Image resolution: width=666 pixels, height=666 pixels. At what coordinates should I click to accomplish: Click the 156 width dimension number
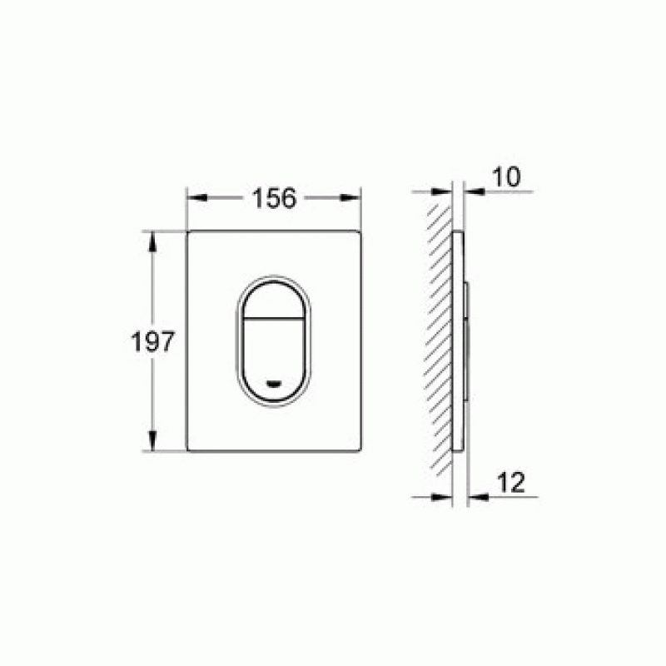(274, 198)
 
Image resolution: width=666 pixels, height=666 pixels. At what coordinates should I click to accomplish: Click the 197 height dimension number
(152, 341)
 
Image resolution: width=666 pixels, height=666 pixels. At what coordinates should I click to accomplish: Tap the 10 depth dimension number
(506, 176)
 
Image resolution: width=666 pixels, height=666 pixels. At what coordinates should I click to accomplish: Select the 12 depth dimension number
(511, 483)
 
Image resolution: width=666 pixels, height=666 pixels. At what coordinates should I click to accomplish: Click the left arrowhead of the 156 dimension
(197, 197)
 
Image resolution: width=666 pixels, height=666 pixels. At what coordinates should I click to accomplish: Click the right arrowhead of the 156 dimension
(350, 197)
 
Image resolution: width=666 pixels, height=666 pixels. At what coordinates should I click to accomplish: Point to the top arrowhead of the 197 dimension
(152, 242)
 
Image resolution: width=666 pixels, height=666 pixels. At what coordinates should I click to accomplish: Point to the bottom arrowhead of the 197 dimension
(152, 440)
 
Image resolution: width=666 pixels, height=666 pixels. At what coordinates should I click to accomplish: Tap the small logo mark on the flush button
(274, 384)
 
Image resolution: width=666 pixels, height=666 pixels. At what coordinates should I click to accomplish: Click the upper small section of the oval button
(274, 301)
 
